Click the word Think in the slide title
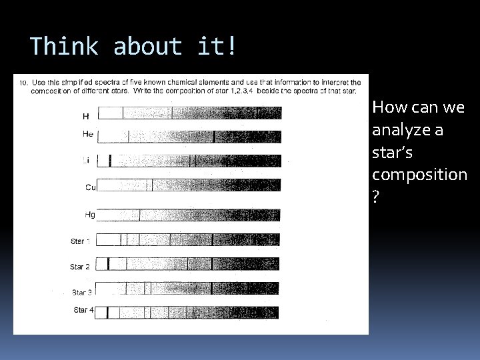tap(64, 47)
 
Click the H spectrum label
tap(85, 116)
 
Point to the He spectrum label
tap(88, 134)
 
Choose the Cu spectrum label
tap(91, 187)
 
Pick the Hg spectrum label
tap(89, 215)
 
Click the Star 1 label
tap(81, 241)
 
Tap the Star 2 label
tap(80, 267)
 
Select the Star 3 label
tap(82, 292)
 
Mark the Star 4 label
tap(85, 310)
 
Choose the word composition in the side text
tap(419, 174)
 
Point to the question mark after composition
tap(376, 197)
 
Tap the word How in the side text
tap(387, 107)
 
